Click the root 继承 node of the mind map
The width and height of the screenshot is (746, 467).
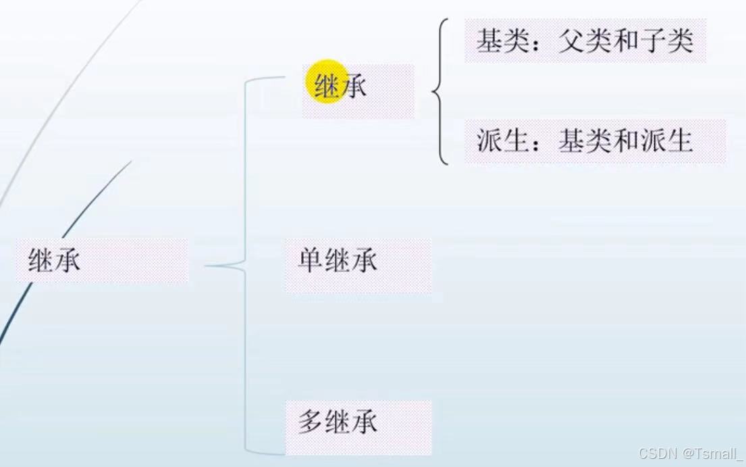tap(55, 260)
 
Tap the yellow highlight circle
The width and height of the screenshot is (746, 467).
tap(327, 85)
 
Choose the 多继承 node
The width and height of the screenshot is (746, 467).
tap(338, 422)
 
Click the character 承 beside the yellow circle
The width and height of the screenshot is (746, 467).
tap(355, 87)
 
